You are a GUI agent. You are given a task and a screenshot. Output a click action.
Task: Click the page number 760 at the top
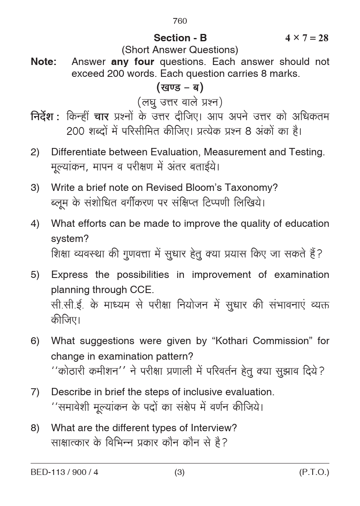click(x=180, y=21)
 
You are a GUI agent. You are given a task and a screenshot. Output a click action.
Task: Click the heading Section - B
click(x=180, y=38)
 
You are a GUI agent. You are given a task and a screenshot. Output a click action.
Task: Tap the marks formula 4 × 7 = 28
click(x=306, y=38)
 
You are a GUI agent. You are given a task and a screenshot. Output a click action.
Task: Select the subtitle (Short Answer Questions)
click(x=180, y=50)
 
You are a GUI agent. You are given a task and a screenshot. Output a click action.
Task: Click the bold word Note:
click(x=44, y=62)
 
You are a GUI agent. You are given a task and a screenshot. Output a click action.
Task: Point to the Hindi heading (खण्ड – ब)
click(x=180, y=87)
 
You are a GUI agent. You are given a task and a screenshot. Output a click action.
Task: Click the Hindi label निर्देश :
click(x=45, y=117)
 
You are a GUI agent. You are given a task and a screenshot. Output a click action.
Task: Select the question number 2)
click(x=35, y=152)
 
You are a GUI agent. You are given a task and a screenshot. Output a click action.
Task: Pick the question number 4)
click(x=35, y=224)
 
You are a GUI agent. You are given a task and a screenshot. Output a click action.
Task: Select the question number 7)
click(x=35, y=392)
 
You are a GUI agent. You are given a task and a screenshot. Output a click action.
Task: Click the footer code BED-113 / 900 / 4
click(x=65, y=472)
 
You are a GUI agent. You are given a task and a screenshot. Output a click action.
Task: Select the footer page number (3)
click(x=179, y=472)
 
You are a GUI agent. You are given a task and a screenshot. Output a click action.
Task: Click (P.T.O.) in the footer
click(x=314, y=472)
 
